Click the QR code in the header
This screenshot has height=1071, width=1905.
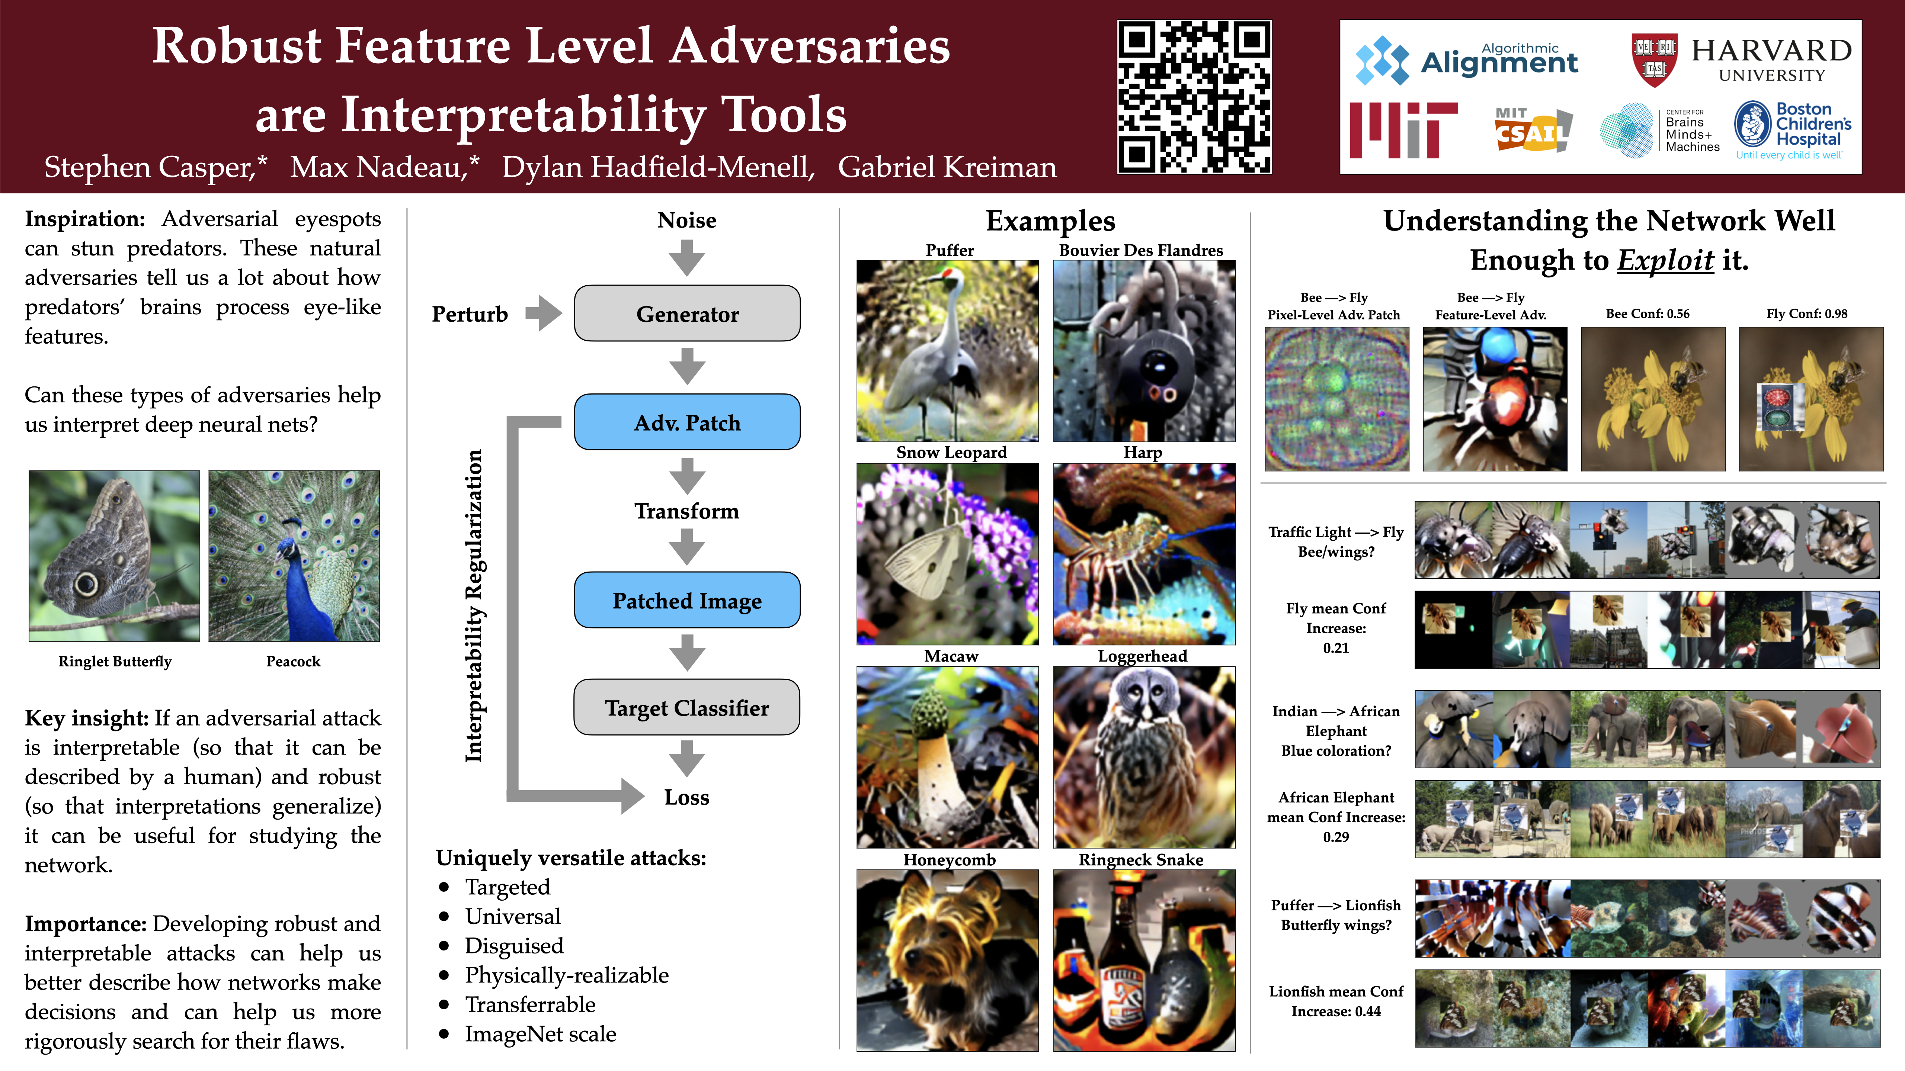pyautogui.click(x=1194, y=97)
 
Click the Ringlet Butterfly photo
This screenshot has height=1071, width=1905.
pyautogui.click(x=115, y=556)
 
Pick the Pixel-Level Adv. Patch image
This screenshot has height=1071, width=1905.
pyautogui.click(x=1337, y=399)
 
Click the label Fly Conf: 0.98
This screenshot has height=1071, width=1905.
pyautogui.click(x=1807, y=313)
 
